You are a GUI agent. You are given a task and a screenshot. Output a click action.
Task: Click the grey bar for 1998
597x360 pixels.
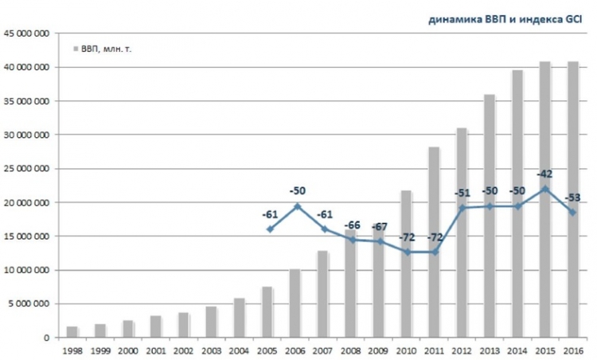click(x=72, y=331)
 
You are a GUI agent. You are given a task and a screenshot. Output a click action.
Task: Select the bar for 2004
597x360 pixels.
click(x=239, y=318)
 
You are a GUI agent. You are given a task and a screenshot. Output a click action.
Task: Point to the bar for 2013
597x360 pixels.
click(x=490, y=215)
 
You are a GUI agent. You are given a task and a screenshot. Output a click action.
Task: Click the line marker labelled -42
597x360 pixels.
click(x=544, y=189)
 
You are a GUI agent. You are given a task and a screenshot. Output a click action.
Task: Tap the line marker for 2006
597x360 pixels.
click(x=296, y=206)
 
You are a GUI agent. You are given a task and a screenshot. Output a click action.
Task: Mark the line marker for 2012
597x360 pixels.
click(x=462, y=208)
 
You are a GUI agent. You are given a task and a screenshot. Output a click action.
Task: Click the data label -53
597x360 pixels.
click(x=572, y=198)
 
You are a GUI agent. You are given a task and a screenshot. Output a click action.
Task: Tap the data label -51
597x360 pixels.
click(x=462, y=193)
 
